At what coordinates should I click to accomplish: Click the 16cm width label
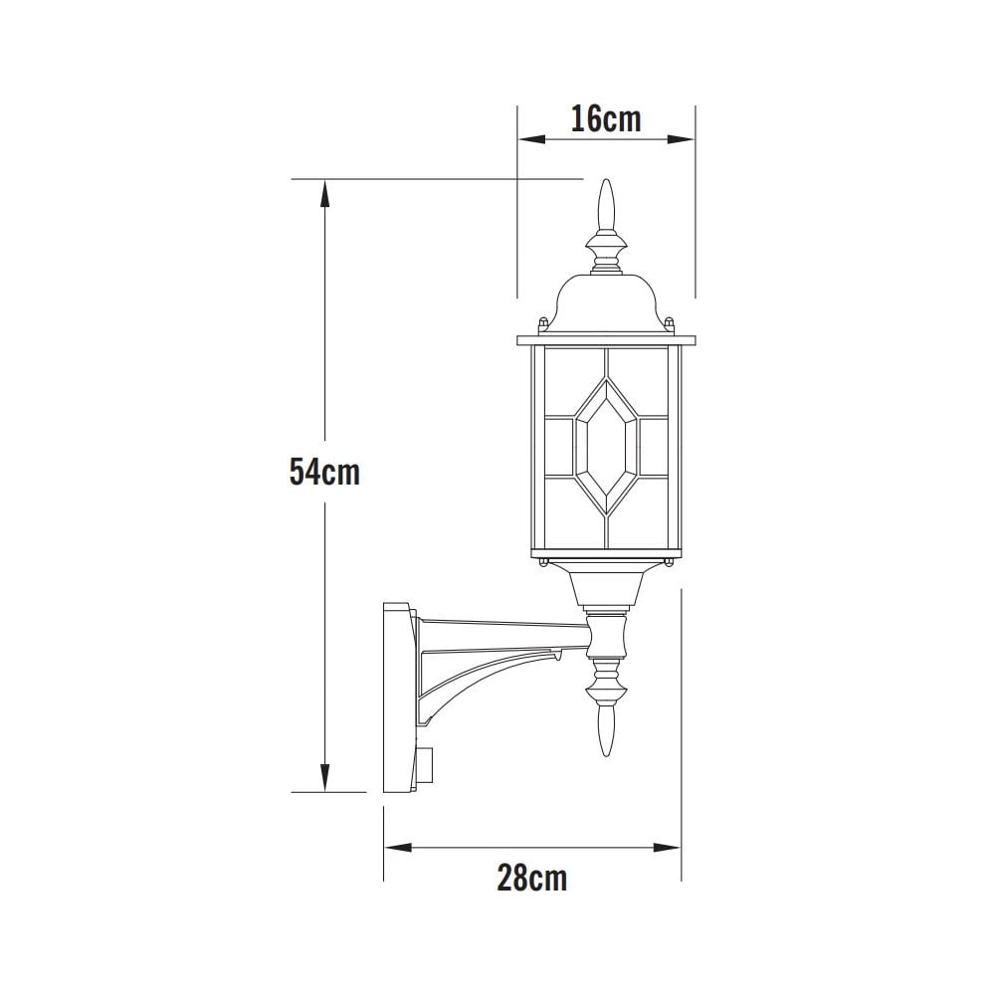[x=605, y=119]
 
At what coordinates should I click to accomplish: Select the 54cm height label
[x=324, y=472]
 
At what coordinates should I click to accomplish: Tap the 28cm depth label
[x=532, y=878]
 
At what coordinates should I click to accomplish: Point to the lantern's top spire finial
[x=605, y=207]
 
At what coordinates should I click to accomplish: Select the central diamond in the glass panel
[x=605, y=449]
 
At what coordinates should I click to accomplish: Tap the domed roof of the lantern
[x=605, y=303]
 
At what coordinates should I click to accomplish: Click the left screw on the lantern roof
[x=542, y=323]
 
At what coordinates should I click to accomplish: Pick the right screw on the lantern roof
[x=670, y=323]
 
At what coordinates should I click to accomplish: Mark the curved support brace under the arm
[x=478, y=687]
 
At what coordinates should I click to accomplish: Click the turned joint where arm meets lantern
[x=606, y=637]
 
